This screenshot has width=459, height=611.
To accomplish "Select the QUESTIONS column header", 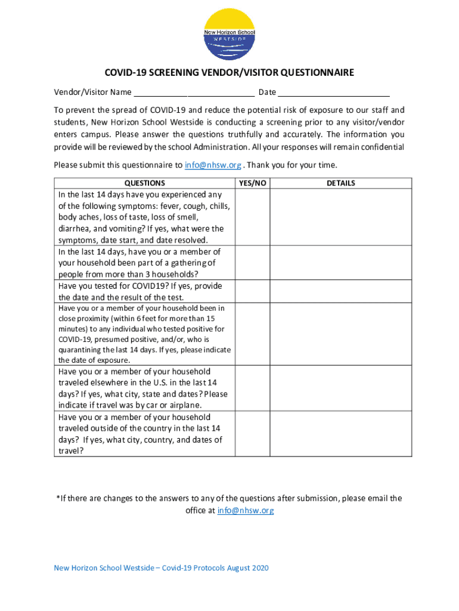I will coord(144,183).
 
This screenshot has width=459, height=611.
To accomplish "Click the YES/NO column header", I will coord(252,183).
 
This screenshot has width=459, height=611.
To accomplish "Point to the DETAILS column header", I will coord(340,183).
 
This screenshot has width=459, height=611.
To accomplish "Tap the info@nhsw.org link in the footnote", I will coord(246,511).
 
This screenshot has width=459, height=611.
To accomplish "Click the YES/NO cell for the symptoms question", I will coord(252,217).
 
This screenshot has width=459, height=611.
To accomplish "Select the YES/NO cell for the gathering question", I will coord(252,263).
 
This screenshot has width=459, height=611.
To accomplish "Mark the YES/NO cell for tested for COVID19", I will coord(252,292).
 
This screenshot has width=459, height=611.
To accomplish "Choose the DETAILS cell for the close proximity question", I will coord(340,334).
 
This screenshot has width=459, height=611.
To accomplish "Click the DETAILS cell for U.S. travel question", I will coord(340,388).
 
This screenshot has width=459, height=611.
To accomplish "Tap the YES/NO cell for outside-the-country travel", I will coord(252,434).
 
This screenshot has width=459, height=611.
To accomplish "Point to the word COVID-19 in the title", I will coord(126,73).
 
